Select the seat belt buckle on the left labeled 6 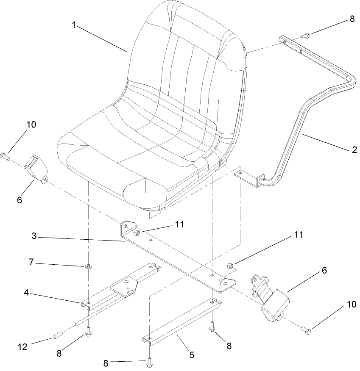pyautogui.click(x=35, y=169)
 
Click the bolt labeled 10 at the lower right pyautogui.click(x=307, y=329)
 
